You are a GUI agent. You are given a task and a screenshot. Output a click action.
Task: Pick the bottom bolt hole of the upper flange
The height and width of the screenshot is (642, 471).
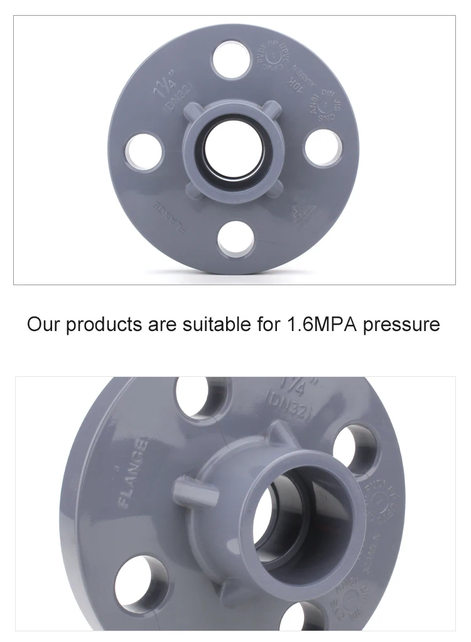pyautogui.click(x=236, y=240)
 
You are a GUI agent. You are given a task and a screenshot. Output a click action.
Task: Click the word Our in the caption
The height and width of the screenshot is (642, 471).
pyautogui.click(x=42, y=325)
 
